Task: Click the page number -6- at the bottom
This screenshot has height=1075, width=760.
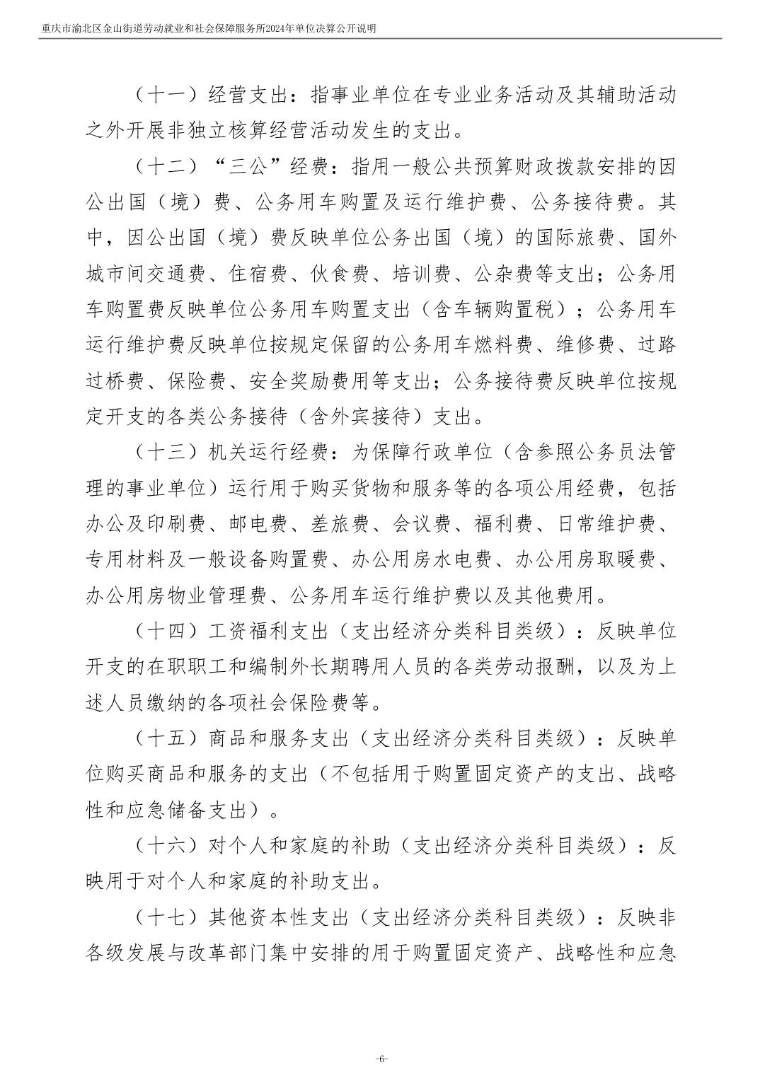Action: click(381, 1059)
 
